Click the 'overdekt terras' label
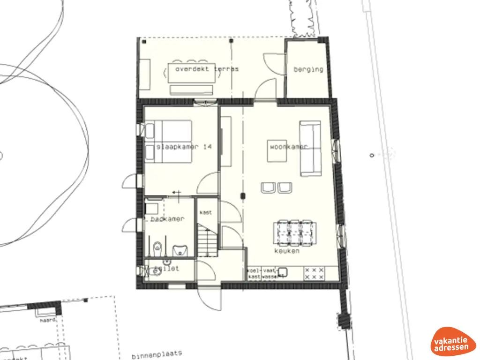(x=207, y=69)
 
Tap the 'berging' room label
(x=308, y=69)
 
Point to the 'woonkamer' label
(x=288, y=147)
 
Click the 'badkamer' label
(x=167, y=219)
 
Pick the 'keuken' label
(x=287, y=251)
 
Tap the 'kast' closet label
(x=206, y=212)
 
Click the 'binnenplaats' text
(x=153, y=353)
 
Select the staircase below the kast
(x=206, y=240)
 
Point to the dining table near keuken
(x=294, y=232)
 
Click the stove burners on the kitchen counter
(x=314, y=274)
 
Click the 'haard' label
(x=48, y=321)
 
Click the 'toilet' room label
(x=169, y=269)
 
